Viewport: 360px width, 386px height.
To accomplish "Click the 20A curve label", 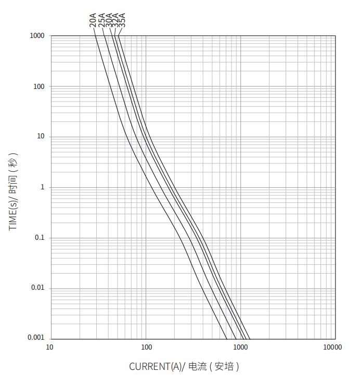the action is click(x=93, y=20).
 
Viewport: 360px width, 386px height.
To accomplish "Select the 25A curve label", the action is click(x=101, y=20).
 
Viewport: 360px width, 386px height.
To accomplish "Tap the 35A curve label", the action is click(x=122, y=20).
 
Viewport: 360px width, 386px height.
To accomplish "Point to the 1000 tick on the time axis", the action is click(x=37, y=36).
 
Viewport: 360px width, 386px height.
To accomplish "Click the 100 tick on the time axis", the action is click(x=39, y=87).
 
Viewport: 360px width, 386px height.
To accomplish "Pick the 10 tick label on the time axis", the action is click(x=41, y=136).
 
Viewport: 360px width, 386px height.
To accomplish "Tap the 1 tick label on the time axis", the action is click(x=42, y=187).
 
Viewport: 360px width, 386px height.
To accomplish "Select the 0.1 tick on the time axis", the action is click(x=40, y=238).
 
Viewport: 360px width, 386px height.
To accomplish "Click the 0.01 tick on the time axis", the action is click(x=38, y=288).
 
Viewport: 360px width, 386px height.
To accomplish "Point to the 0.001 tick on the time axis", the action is click(x=36, y=338).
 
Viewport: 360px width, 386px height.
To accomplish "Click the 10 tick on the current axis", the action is click(x=49, y=347).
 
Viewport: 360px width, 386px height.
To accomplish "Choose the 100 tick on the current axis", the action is click(x=147, y=347).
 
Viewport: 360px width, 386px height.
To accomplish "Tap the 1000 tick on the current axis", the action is click(x=240, y=347).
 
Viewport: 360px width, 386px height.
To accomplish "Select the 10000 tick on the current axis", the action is click(x=332, y=347).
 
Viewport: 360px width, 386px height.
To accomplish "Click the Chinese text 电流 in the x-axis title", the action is click(x=198, y=367).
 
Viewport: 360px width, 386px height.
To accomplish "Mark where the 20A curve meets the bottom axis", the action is click(x=227, y=339).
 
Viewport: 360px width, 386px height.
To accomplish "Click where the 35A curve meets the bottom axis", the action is click(x=250, y=339).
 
